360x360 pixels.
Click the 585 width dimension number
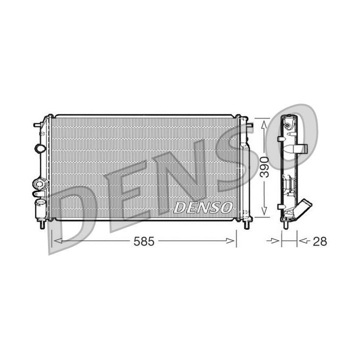pos(144,241)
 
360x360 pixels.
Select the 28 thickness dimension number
pos(319,241)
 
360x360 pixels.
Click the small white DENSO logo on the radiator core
pos(202,207)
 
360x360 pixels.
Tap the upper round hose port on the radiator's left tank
pos(39,148)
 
